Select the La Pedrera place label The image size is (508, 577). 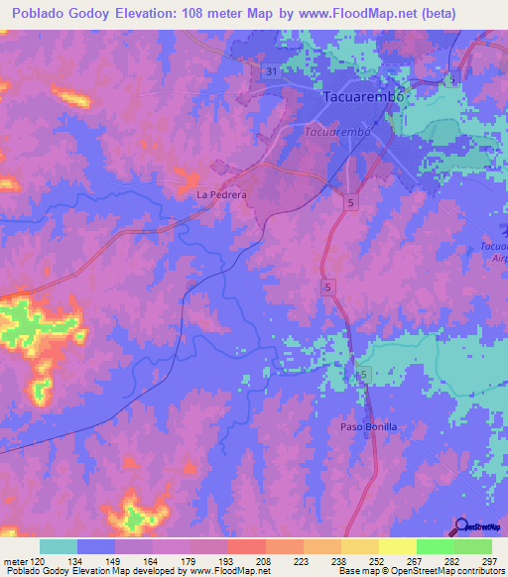click(x=220, y=195)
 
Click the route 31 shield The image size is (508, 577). click(x=272, y=72)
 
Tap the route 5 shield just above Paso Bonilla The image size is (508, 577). click(x=364, y=374)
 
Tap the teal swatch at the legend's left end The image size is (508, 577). click(x=59, y=546)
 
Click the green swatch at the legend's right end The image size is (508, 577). click(x=472, y=546)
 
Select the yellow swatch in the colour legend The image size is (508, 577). click(x=397, y=546)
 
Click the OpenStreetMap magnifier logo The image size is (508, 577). click(x=462, y=527)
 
